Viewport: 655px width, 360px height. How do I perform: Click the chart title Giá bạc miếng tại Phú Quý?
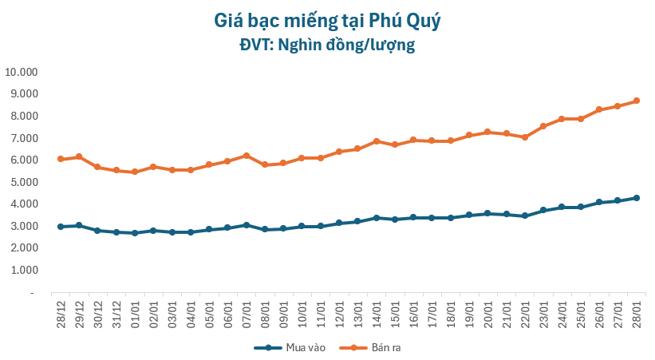point(327,20)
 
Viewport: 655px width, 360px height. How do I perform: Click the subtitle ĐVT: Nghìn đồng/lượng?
point(327,45)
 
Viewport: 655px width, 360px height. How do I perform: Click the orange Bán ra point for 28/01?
point(636,101)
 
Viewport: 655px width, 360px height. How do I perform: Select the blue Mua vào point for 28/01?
point(636,198)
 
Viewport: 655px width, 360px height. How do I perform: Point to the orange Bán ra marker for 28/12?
point(61,159)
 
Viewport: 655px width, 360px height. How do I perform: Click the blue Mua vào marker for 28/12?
point(61,227)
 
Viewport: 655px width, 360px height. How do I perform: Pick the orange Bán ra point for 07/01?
point(247,156)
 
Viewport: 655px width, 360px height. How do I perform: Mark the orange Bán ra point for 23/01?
point(543,126)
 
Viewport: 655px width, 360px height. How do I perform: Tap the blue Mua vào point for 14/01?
point(376,218)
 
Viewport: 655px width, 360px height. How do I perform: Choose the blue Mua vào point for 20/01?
point(487,213)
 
